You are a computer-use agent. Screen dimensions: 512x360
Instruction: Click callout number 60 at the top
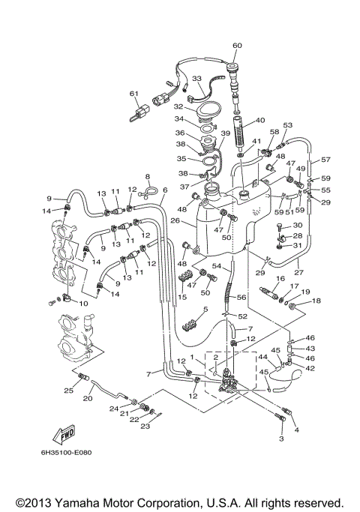click(237, 46)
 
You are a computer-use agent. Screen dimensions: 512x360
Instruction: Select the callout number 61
click(134, 94)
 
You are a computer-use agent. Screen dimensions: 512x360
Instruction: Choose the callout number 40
click(260, 120)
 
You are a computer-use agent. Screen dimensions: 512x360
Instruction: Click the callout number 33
click(197, 78)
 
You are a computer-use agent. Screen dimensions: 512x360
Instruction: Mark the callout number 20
click(88, 400)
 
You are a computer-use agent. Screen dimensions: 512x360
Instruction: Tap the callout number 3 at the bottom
click(281, 439)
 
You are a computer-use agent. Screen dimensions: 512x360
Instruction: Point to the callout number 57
click(325, 160)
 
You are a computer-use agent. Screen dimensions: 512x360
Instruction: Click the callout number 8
click(148, 178)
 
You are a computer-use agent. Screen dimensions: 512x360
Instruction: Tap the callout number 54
click(217, 267)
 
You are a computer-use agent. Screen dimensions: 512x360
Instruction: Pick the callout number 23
click(145, 426)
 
